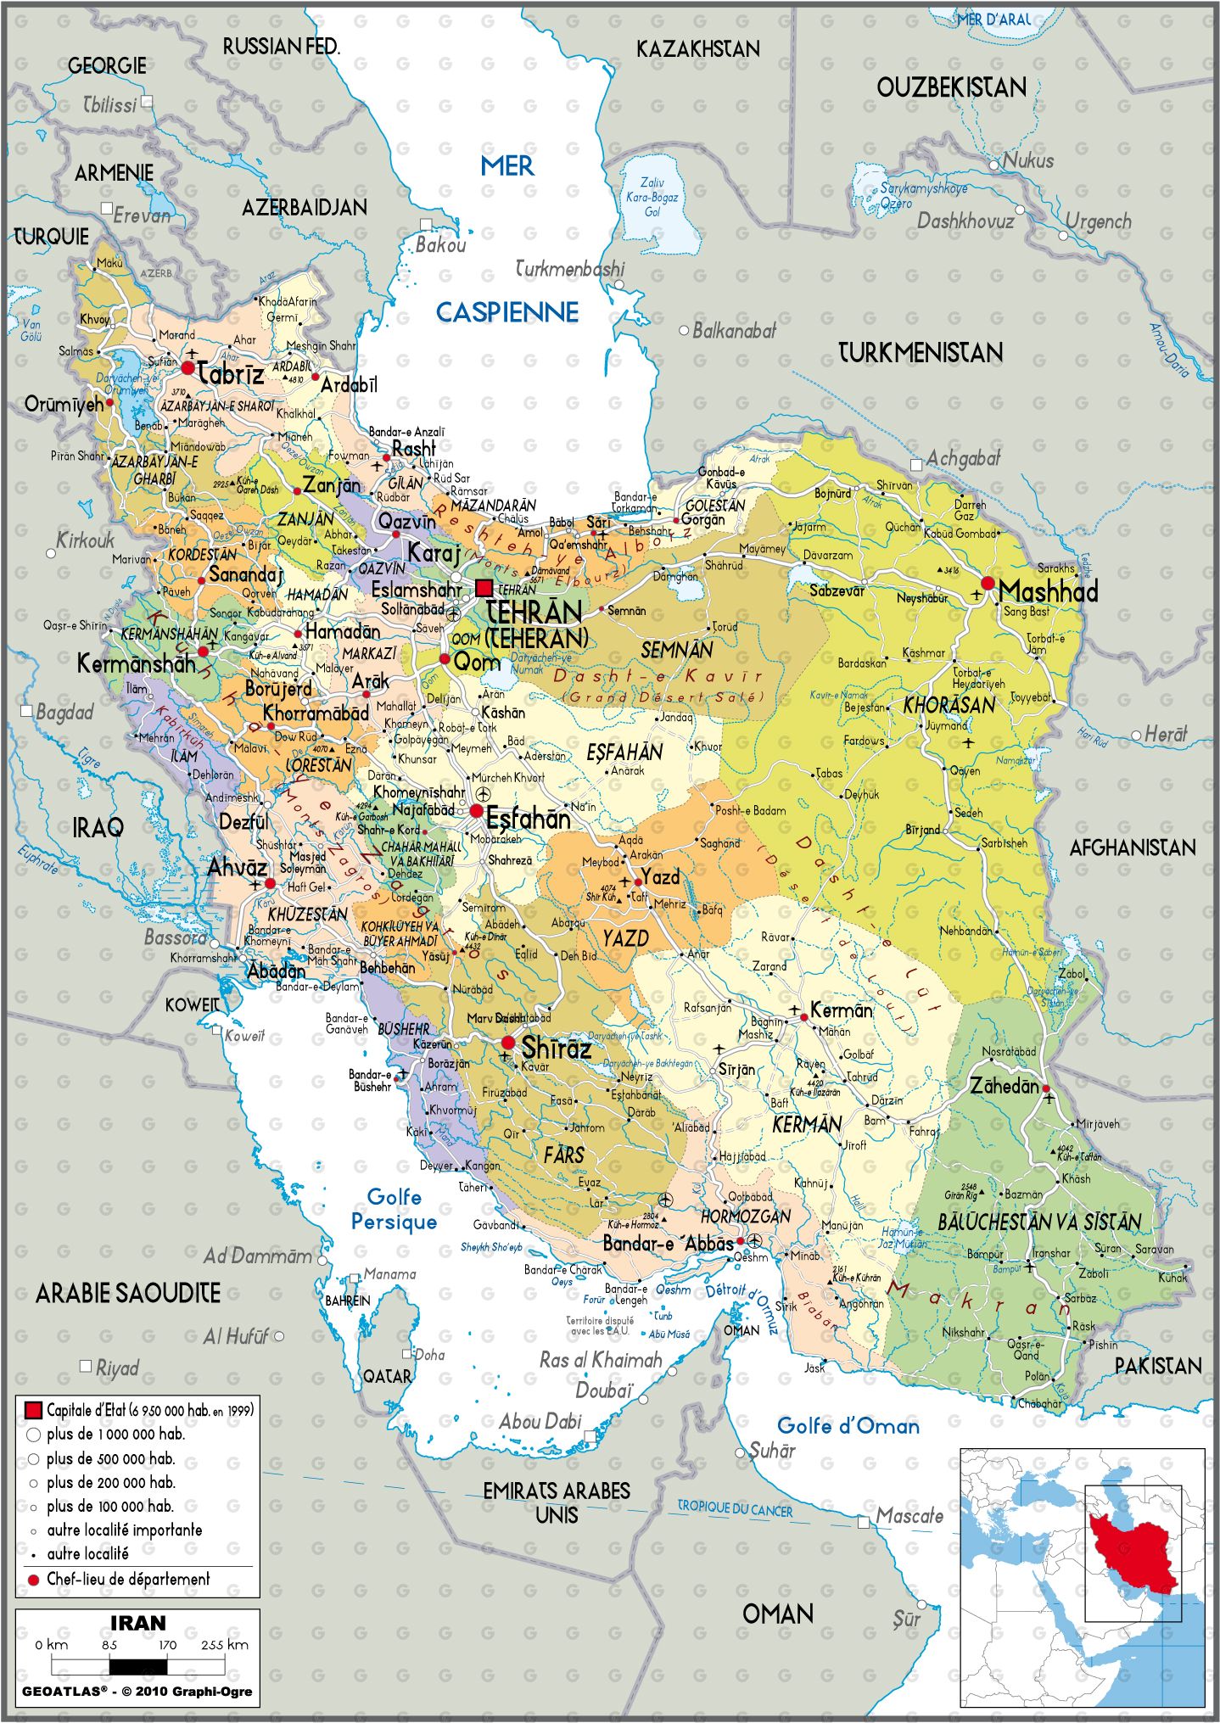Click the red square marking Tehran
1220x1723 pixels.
[x=484, y=588]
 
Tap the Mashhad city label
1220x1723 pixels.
[x=1048, y=591]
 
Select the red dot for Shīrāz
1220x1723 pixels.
[x=508, y=1043]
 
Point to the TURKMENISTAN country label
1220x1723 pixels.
[x=921, y=352]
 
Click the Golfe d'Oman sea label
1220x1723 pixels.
[x=848, y=1426]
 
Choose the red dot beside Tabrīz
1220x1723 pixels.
[x=188, y=367]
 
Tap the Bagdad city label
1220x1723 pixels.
[x=64, y=712]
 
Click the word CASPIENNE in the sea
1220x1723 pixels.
[x=507, y=312]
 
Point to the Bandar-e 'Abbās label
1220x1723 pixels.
[x=668, y=1244]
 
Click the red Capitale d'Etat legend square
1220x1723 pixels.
[x=33, y=1410]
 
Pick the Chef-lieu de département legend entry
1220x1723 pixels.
[x=127, y=1579]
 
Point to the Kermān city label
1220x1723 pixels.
[x=841, y=1010]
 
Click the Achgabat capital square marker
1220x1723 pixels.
[x=915, y=465]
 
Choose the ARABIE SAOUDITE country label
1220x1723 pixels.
[x=128, y=1293]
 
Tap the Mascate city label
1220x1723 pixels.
[x=909, y=1515]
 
